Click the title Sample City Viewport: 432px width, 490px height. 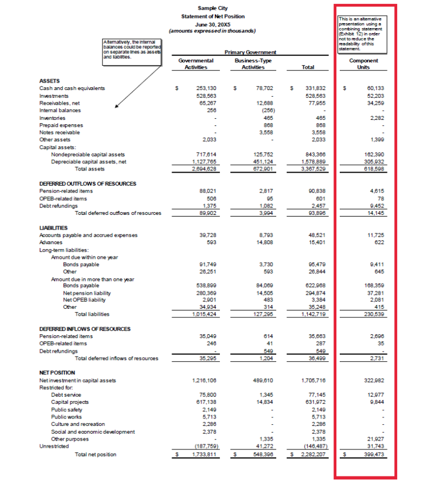point(213,8)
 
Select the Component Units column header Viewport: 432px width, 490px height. point(363,64)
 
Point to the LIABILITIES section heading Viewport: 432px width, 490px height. point(55,227)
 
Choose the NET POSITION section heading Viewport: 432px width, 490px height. point(57,372)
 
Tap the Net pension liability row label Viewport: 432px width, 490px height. point(87,293)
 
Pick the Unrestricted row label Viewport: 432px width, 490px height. point(54,446)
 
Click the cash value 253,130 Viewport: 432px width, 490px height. point(206,88)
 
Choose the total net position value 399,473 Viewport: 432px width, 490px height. point(373,454)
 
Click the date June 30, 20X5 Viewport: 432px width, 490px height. point(213,24)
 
